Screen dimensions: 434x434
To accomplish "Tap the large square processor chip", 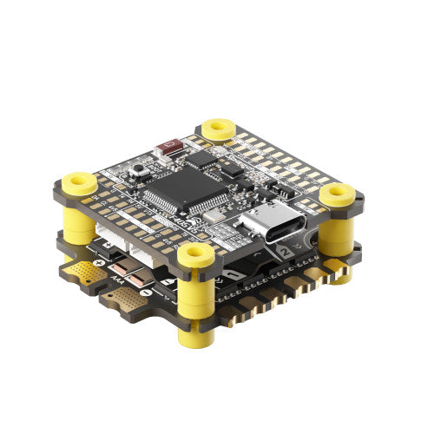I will click(x=183, y=187).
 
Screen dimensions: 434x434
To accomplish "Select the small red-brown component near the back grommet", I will click(x=168, y=148).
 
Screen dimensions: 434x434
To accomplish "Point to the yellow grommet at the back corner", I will click(x=217, y=130).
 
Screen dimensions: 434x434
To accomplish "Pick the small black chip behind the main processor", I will click(x=201, y=160).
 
